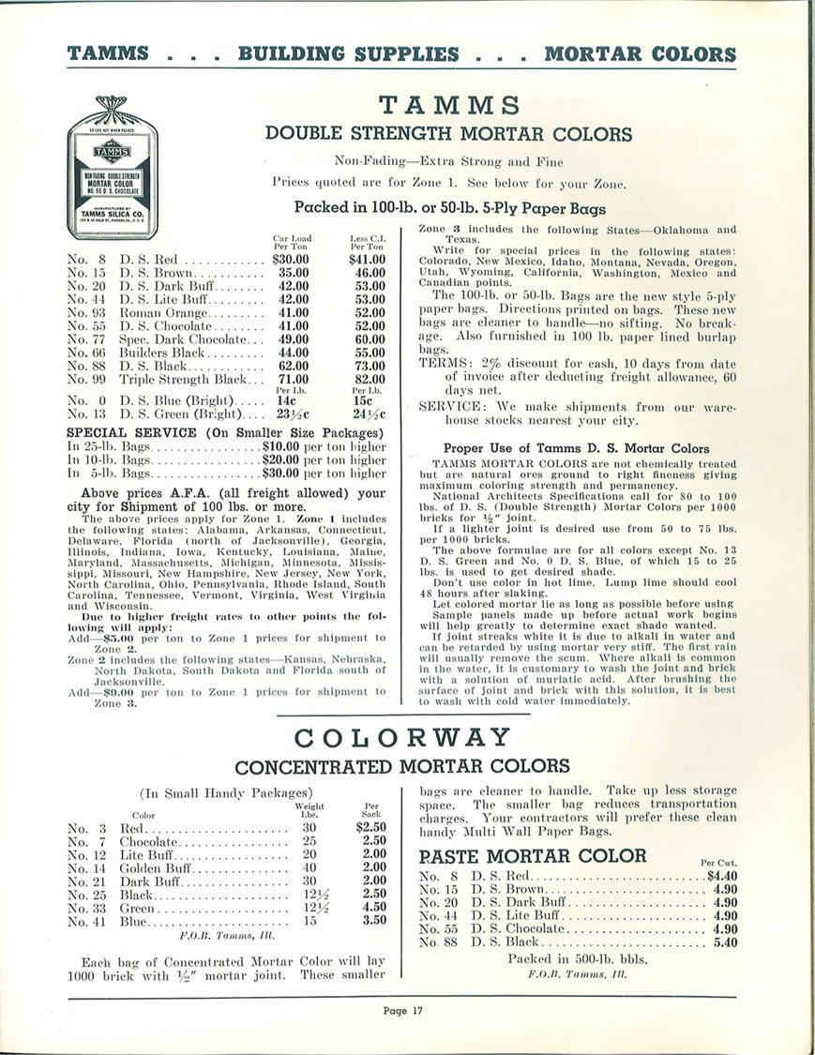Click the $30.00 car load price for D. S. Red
[291, 259]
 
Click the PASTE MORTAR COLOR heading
[533, 855]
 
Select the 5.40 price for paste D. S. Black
[726, 942]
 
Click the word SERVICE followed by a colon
[452, 407]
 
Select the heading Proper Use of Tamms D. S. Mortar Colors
[576, 448]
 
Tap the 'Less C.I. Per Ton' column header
[367, 244]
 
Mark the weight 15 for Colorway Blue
[309, 921]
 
